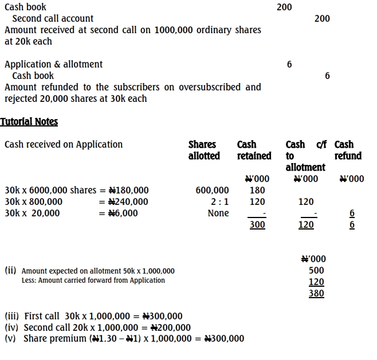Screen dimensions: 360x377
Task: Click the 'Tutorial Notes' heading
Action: click(x=29, y=121)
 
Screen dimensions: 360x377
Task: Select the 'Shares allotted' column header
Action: click(x=203, y=150)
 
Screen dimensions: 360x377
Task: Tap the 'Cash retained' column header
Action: click(x=254, y=150)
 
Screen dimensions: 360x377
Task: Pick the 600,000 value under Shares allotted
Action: click(x=212, y=190)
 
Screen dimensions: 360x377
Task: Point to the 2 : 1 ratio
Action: click(x=219, y=201)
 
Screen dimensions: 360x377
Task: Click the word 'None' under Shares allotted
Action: click(x=218, y=213)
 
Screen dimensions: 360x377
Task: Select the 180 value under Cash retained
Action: click(x=257, y=190)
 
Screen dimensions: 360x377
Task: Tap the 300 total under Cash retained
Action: click(x=257, y=225)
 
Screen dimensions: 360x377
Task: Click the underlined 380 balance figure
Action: click(x=316, y=294)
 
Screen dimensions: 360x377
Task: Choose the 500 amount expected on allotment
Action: click(x=316, y=270)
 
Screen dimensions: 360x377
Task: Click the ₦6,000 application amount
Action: click(x=123, y=213)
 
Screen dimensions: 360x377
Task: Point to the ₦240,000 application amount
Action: click(x=128, y=201)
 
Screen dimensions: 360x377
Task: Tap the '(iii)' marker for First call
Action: click(x=12, y=316)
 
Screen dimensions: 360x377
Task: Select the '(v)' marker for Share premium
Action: click(x=11, y=338)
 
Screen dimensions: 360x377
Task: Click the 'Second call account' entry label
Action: click(x=53, y=18)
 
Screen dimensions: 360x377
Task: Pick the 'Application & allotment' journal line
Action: click(x=53, y=64)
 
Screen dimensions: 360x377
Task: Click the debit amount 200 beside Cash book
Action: click(x=284, y=7)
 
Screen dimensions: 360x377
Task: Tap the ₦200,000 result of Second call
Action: click(x=170, y=327)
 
